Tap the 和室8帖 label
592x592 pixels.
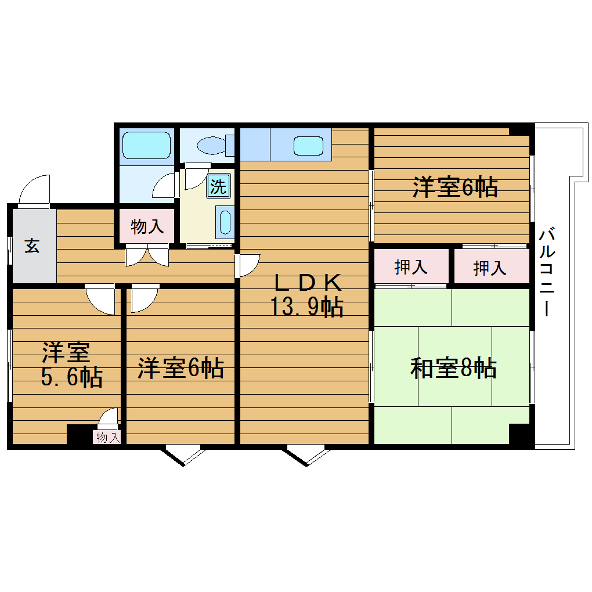point(453,369)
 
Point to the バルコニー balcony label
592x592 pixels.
point(546,273)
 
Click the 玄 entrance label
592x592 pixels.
point(32,246)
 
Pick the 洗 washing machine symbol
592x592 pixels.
point(218,186)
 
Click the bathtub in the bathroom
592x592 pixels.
point(146,145)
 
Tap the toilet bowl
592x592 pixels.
point(211,145)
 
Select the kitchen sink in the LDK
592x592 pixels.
point(308,145)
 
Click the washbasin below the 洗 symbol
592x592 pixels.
point(225,222)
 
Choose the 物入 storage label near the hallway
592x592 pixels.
point(147,226)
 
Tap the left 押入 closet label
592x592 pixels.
point(411,268)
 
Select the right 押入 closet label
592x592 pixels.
point(490,268)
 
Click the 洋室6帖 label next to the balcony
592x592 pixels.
point(455,187)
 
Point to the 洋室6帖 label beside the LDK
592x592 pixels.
point(181,369)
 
